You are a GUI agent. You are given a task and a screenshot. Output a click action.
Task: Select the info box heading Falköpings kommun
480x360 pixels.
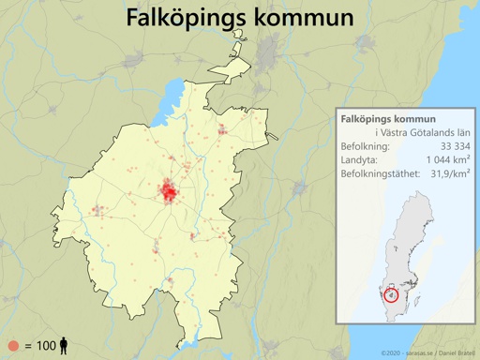point(388,120)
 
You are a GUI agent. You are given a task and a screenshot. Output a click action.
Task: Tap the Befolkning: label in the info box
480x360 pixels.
point(370,147)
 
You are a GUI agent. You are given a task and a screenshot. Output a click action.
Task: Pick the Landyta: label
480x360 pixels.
point(363,161)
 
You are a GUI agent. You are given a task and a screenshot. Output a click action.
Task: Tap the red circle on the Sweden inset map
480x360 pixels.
point(392,295)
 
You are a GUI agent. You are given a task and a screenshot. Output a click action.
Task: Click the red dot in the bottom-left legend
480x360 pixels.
point(13,346)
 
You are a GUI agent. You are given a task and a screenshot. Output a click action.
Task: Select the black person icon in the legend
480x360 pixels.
point(64,346)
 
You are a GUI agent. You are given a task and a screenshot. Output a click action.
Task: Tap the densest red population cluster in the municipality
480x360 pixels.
point(170,192)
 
